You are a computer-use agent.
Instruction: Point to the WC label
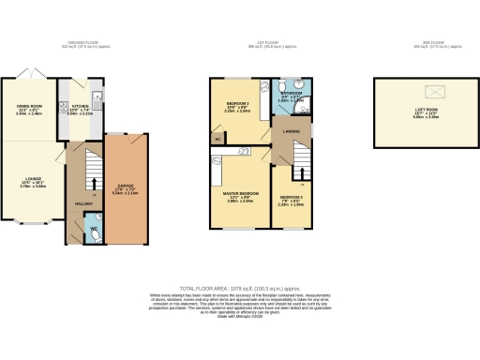coord(95,228)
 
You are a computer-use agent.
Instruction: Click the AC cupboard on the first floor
coord(218,141)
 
